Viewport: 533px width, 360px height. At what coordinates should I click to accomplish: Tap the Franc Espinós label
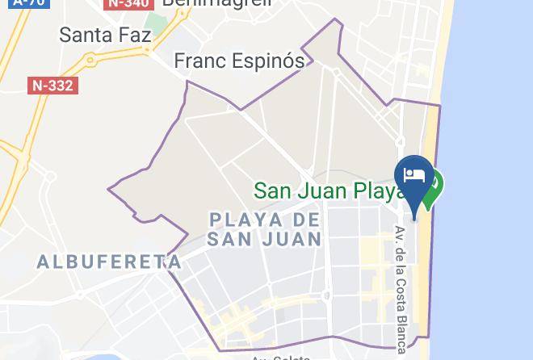coord(240,61)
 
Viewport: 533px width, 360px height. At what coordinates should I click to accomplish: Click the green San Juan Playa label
coord(328,191)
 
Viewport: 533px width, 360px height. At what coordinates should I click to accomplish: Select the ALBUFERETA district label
coord(109,261)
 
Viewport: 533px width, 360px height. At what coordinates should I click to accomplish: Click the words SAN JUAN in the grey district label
coord(264,239)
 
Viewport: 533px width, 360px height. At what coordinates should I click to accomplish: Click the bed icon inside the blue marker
coord(415,174)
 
